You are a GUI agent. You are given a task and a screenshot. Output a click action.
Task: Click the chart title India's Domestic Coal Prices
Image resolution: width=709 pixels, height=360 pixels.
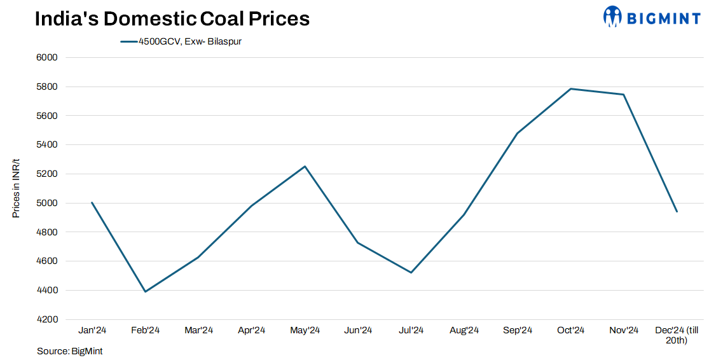172,18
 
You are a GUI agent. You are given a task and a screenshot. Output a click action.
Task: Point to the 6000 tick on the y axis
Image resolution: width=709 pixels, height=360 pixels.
48,57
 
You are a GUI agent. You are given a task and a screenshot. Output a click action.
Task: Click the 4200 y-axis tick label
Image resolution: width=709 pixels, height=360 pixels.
48,319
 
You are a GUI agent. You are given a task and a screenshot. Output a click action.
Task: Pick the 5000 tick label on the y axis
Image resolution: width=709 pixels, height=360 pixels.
48,203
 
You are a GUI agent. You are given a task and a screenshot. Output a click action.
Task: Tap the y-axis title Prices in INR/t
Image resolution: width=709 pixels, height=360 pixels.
17,188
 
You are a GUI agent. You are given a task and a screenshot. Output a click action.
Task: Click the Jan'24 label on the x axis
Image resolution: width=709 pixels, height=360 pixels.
92,330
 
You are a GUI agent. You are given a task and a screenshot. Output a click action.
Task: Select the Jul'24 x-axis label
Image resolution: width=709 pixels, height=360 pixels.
411,330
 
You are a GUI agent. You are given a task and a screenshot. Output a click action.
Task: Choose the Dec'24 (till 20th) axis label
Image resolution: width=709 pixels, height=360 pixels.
677,335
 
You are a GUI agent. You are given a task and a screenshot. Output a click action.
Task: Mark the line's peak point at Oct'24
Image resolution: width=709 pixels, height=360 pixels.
570,88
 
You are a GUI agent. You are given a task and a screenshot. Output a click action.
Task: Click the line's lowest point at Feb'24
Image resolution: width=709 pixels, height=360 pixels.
145,291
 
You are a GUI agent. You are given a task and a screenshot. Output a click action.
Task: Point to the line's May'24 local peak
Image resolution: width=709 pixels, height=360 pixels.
305,167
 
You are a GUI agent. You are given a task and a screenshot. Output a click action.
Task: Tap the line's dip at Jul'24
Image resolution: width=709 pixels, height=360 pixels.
411,272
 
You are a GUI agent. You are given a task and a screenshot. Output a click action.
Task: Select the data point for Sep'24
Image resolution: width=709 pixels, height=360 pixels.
517,134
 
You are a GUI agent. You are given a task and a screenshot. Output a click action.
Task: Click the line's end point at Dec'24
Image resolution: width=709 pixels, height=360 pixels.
677,211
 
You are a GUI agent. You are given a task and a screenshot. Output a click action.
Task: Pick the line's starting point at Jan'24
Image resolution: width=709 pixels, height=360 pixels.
92,203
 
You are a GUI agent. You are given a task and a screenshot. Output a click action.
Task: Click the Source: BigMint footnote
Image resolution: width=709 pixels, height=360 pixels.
69,351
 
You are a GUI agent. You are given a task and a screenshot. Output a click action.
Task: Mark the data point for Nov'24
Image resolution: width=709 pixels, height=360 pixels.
624,95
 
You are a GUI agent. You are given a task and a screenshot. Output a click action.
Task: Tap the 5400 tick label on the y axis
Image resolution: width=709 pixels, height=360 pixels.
48,144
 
